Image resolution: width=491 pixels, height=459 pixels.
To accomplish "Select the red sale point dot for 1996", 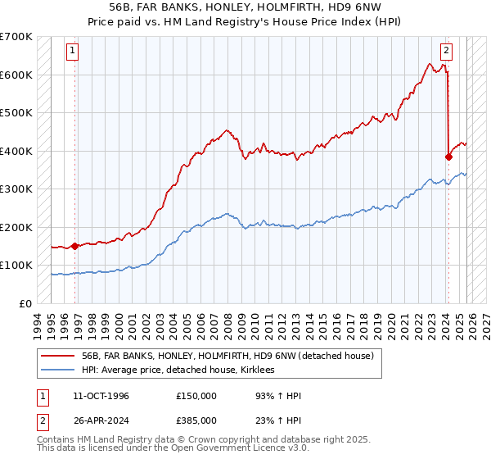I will pos(74,245).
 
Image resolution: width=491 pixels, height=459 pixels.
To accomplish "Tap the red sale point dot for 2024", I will pos(448,157).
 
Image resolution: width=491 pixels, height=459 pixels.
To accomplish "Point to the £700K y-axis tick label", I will pos(16,37).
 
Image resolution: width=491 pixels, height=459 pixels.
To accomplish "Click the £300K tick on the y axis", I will pos(16,189).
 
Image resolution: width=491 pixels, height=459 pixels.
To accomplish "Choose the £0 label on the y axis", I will pos(26,303).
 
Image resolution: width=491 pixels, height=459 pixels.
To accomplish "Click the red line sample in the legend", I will pos(60,356).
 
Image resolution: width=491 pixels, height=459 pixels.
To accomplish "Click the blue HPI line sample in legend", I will pos(60,370).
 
